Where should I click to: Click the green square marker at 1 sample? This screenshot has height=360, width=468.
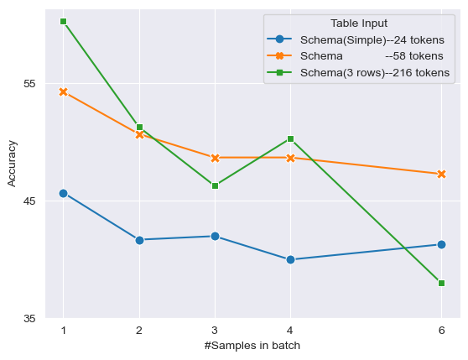click(x=64, y=21)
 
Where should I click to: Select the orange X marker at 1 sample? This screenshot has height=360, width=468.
click(x=64, y=91)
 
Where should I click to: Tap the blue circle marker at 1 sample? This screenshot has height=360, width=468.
click(x=64, y=193)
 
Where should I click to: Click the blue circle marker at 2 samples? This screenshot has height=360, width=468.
click(x=139, y=240)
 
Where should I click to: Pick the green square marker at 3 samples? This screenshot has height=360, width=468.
click(x=215, y=185)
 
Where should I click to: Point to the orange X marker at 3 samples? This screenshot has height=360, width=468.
click(x=215, y=158)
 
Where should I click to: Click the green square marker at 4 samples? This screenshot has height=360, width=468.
click(x=290, y=138)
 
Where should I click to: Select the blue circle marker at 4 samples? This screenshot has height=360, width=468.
click(x=290, y=259)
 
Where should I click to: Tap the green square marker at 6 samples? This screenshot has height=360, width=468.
click(x=441, y=283)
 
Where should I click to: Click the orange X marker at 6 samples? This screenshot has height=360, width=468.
click(x=441, y=174)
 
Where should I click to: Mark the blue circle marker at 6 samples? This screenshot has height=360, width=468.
click(x=441, y=244)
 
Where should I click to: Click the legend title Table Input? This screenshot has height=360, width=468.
click(x=358, y=23)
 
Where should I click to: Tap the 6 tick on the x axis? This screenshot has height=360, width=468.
click(x=441, y=331)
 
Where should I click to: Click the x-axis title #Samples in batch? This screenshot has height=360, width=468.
click(x=252, y=346)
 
